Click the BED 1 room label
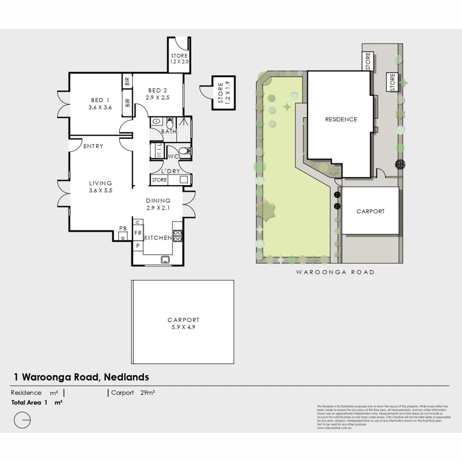pos(100,104)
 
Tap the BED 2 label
pos(157,94)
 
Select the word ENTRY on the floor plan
pos(93,146)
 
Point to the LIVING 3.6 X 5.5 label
pos(100,187)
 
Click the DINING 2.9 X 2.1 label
pos(158,204)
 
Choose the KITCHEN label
pos(158,238)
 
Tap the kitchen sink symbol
pos(164,259)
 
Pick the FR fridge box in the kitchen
pos(138,233)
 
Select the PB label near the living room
pos(123,228)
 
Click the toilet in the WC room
pos(184,151)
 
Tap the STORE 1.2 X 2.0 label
pos(179,59)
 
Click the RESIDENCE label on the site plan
pos(341,119)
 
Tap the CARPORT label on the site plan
pos(370,211)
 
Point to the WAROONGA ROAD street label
pos(335,272)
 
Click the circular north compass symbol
pos(22,420)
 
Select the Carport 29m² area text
pos(133,393)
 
